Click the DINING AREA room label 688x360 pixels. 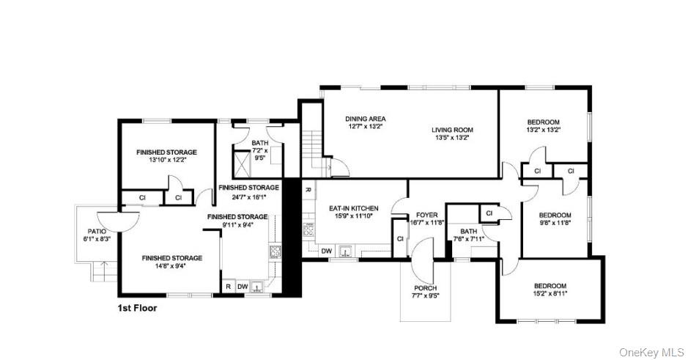(x=365, y=119)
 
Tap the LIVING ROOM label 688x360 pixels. (x=451, y=130)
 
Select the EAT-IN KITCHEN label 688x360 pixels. (x=354, y=208)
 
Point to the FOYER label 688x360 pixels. (x=426, y=215)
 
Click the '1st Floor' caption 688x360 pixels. (x=137, y=309)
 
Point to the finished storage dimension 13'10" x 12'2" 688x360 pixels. (x=166, y=160)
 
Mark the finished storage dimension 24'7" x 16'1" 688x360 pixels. (x=249, y=196)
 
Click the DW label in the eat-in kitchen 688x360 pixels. (x=326, y=251)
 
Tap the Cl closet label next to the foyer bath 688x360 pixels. (x=489, y=213)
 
